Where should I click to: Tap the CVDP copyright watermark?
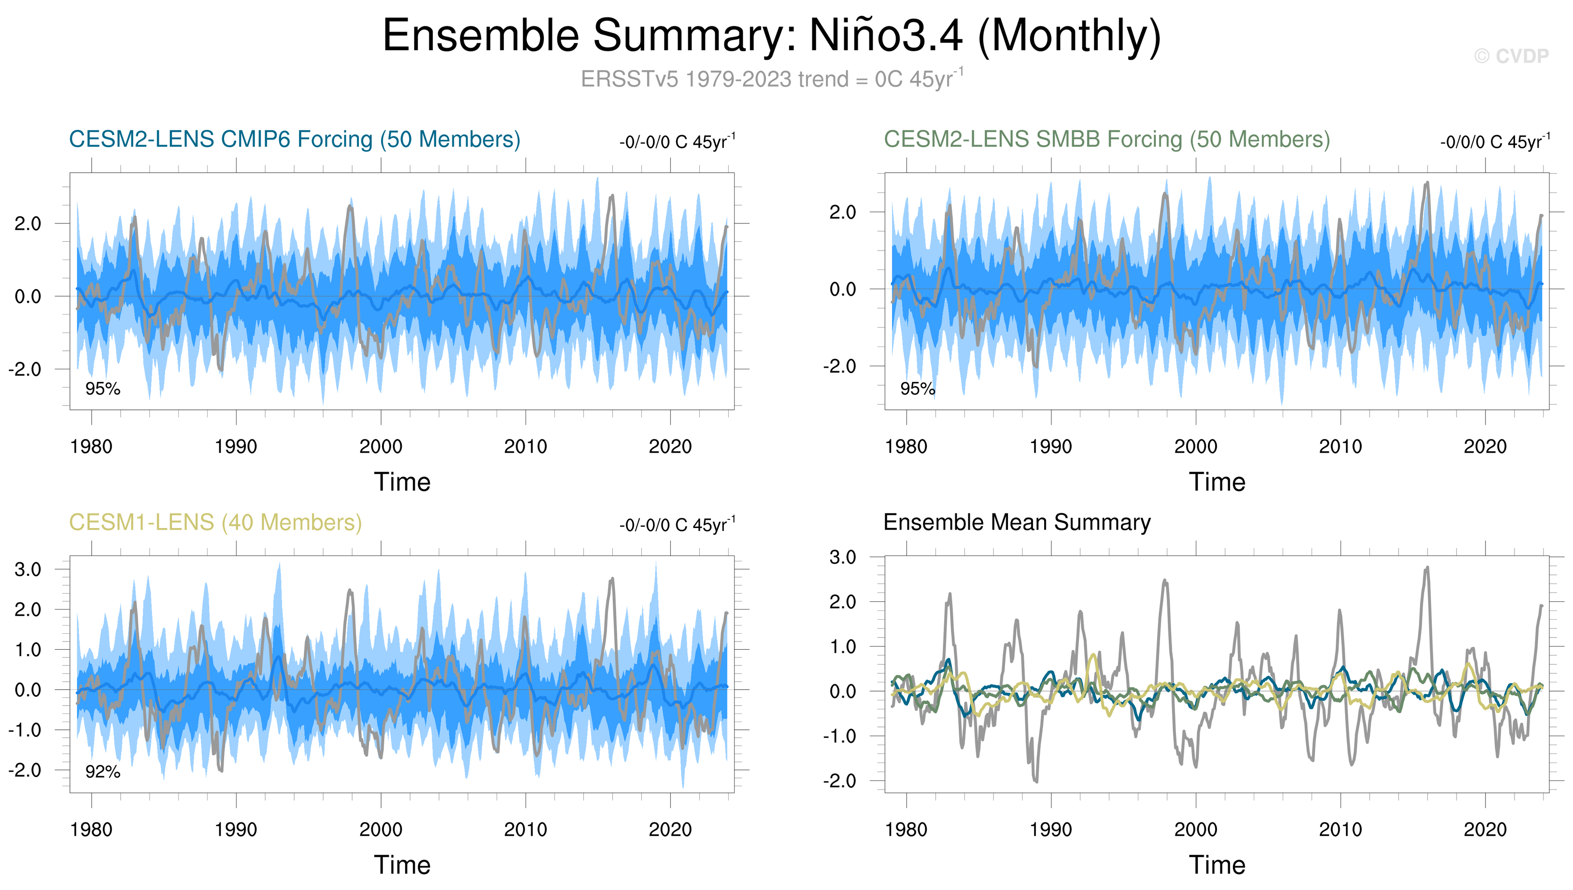coord(1511,56)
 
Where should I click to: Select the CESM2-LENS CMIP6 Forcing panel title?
coord(294,139)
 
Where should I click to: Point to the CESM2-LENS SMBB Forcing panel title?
coord(1106,139)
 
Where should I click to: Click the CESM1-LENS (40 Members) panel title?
coord(215,523)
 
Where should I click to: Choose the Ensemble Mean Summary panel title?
coord(1017,523)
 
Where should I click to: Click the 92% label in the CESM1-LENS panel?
coord(103,772)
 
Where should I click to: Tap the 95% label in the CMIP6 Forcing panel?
coord(103,389)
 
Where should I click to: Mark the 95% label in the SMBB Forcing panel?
coord(917,389)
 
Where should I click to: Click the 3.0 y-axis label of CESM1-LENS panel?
coord(28,570)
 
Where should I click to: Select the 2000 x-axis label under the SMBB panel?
coord(1196,447)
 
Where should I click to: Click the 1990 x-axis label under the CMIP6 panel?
coord(236,447)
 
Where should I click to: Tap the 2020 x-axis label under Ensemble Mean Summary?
coord(1485,830)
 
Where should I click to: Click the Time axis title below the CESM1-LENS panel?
coord(402,865)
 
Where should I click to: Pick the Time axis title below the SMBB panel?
coord(1217,482)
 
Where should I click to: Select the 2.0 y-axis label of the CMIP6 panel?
coord(28,224)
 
